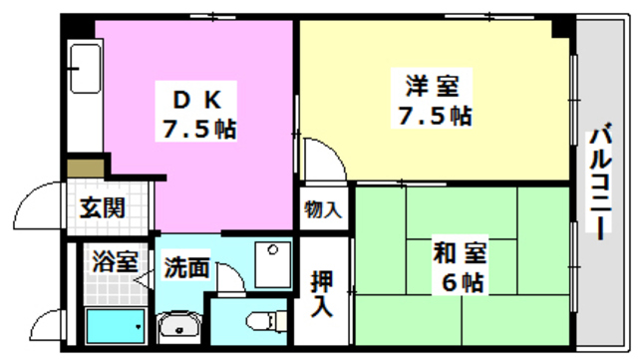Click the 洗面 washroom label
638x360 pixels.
(187, 267)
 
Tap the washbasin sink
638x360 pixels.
(178, 326)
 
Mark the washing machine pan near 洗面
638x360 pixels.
(269, 262)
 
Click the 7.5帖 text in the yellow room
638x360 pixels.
(431, 116)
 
